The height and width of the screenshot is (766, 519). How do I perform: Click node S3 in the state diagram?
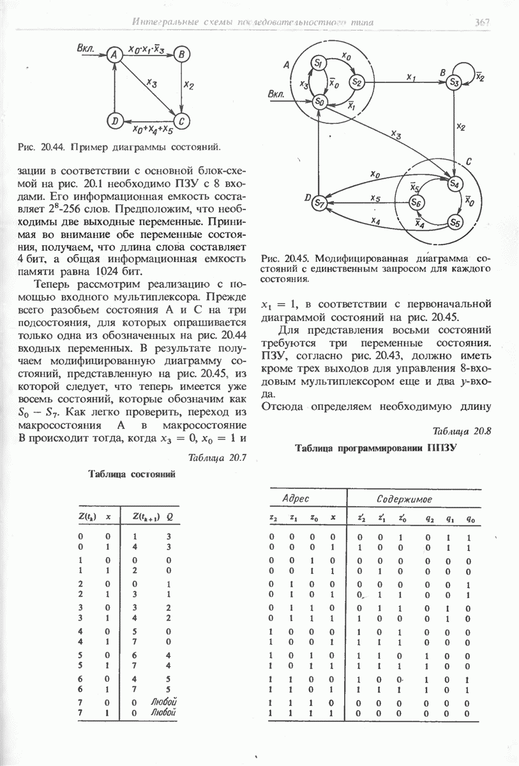click(x=455, y=82)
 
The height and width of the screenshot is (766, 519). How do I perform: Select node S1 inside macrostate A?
click(x=319, y=63)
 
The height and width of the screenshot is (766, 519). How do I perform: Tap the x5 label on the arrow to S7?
click(x=375, y=199)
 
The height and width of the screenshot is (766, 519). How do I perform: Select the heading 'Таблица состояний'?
click(x=132, y=474)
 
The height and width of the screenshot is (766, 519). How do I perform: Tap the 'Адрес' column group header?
click(x=296, y=498)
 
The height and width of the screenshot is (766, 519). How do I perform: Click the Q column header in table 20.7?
click(x=168, y=516)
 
